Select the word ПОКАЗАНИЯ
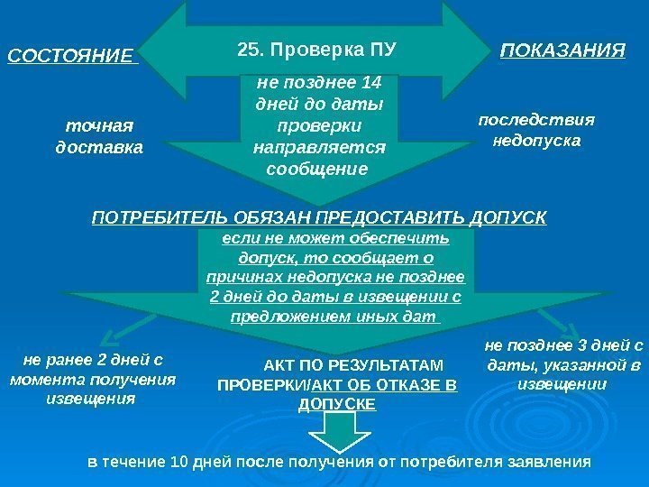pos(562,51)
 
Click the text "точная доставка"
pos(99,134)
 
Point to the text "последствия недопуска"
pos(537,130)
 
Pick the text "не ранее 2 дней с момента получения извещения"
pos(91,379)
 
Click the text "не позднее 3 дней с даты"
pos(563,354)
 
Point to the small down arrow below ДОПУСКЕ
pos(337,436)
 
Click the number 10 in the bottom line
pos(180,462)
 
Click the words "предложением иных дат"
pos(334,317)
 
